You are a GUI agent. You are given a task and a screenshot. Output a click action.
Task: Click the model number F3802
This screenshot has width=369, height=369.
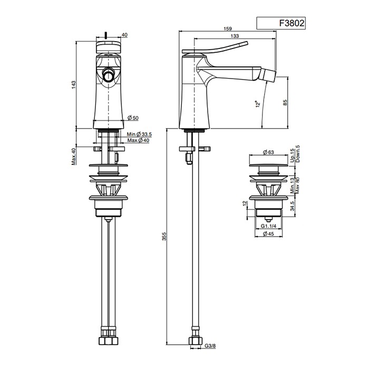tap(292, 23)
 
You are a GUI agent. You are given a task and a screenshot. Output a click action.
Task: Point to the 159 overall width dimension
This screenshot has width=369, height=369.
tap(228, 28)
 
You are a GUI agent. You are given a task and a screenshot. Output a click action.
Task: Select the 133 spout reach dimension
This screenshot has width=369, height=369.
tap(235, 36)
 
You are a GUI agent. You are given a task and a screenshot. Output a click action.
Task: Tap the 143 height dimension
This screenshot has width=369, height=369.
tap(74, 85)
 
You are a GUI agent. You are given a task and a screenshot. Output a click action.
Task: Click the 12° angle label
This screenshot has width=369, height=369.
tap(258, 103)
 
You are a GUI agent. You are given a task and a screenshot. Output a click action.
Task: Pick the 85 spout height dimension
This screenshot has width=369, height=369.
tap(285, 103)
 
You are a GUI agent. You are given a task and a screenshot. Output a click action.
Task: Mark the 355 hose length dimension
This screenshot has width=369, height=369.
tap(164, 236)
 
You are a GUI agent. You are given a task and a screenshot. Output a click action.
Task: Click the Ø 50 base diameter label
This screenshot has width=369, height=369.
tap(133, 118)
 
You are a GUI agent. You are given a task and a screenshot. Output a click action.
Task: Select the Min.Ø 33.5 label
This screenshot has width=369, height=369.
tap(139, 134)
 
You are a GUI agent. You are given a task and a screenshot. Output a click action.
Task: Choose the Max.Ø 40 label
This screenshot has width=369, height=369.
tap(138, 141)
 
